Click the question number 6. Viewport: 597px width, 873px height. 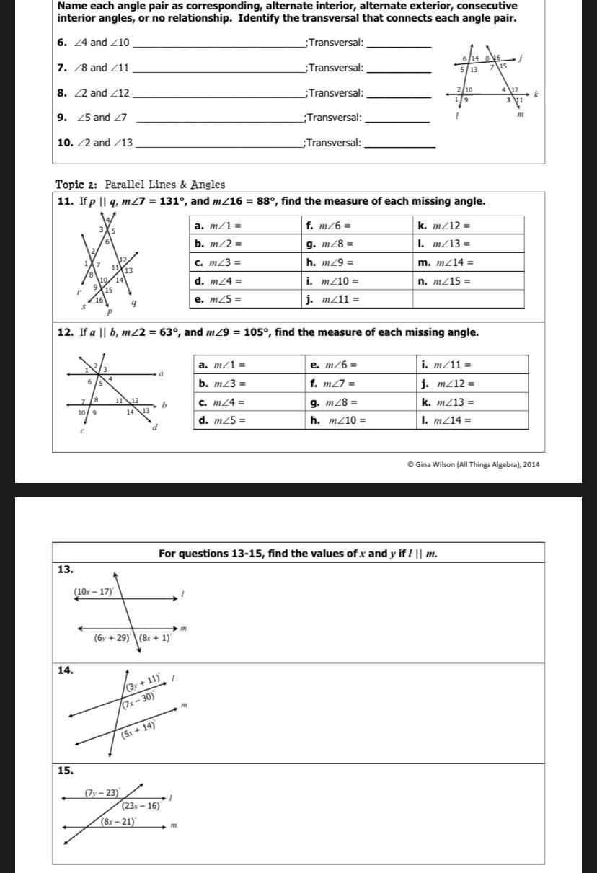coord(61,43)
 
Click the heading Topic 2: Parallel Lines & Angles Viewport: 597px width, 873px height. coord(140,185)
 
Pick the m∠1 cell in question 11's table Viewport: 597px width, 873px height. coord(245,226)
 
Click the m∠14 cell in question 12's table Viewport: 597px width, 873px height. coord(473,420)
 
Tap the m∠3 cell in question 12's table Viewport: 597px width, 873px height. coord(249,384)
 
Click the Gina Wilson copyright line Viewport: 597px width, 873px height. coord(473,464)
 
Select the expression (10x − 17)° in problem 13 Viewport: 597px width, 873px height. coord(94,592)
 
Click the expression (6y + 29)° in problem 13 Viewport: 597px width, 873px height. coord(112,638)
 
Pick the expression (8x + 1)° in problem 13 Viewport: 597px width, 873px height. coord(155,638)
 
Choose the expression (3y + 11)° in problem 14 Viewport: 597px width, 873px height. coord(143,682)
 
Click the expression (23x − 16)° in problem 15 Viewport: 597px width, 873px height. coord(141,806)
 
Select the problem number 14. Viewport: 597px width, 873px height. coord(65,670)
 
